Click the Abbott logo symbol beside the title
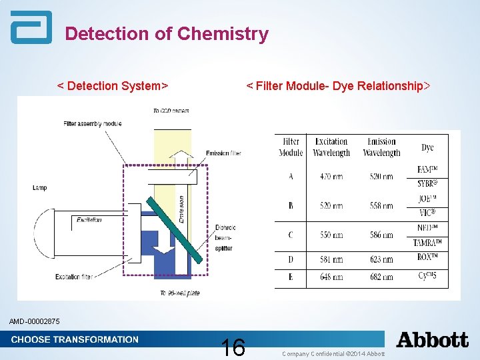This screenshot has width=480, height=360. [31, 28]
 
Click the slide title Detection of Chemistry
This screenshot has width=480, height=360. [167, 33]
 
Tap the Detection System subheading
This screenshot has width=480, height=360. [112, 86]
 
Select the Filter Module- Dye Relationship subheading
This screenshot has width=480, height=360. [338, 86]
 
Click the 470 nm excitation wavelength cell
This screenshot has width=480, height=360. [331, 177]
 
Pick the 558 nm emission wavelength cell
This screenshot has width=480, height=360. [381, 206]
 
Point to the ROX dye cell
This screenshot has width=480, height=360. [427, 259]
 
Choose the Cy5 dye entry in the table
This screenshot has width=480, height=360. [427, 277]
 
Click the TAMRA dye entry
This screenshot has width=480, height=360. [427, 242]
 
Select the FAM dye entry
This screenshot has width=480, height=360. [427, 169]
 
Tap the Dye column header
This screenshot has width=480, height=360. [427, 147]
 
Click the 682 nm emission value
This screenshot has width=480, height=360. [381, 277]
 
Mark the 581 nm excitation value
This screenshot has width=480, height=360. [331, 259]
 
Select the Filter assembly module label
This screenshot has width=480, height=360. [93, 123]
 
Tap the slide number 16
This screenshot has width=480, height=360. [233, 347]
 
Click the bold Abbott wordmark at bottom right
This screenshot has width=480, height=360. [433, 340]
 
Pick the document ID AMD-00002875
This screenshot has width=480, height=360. [35, 322]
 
